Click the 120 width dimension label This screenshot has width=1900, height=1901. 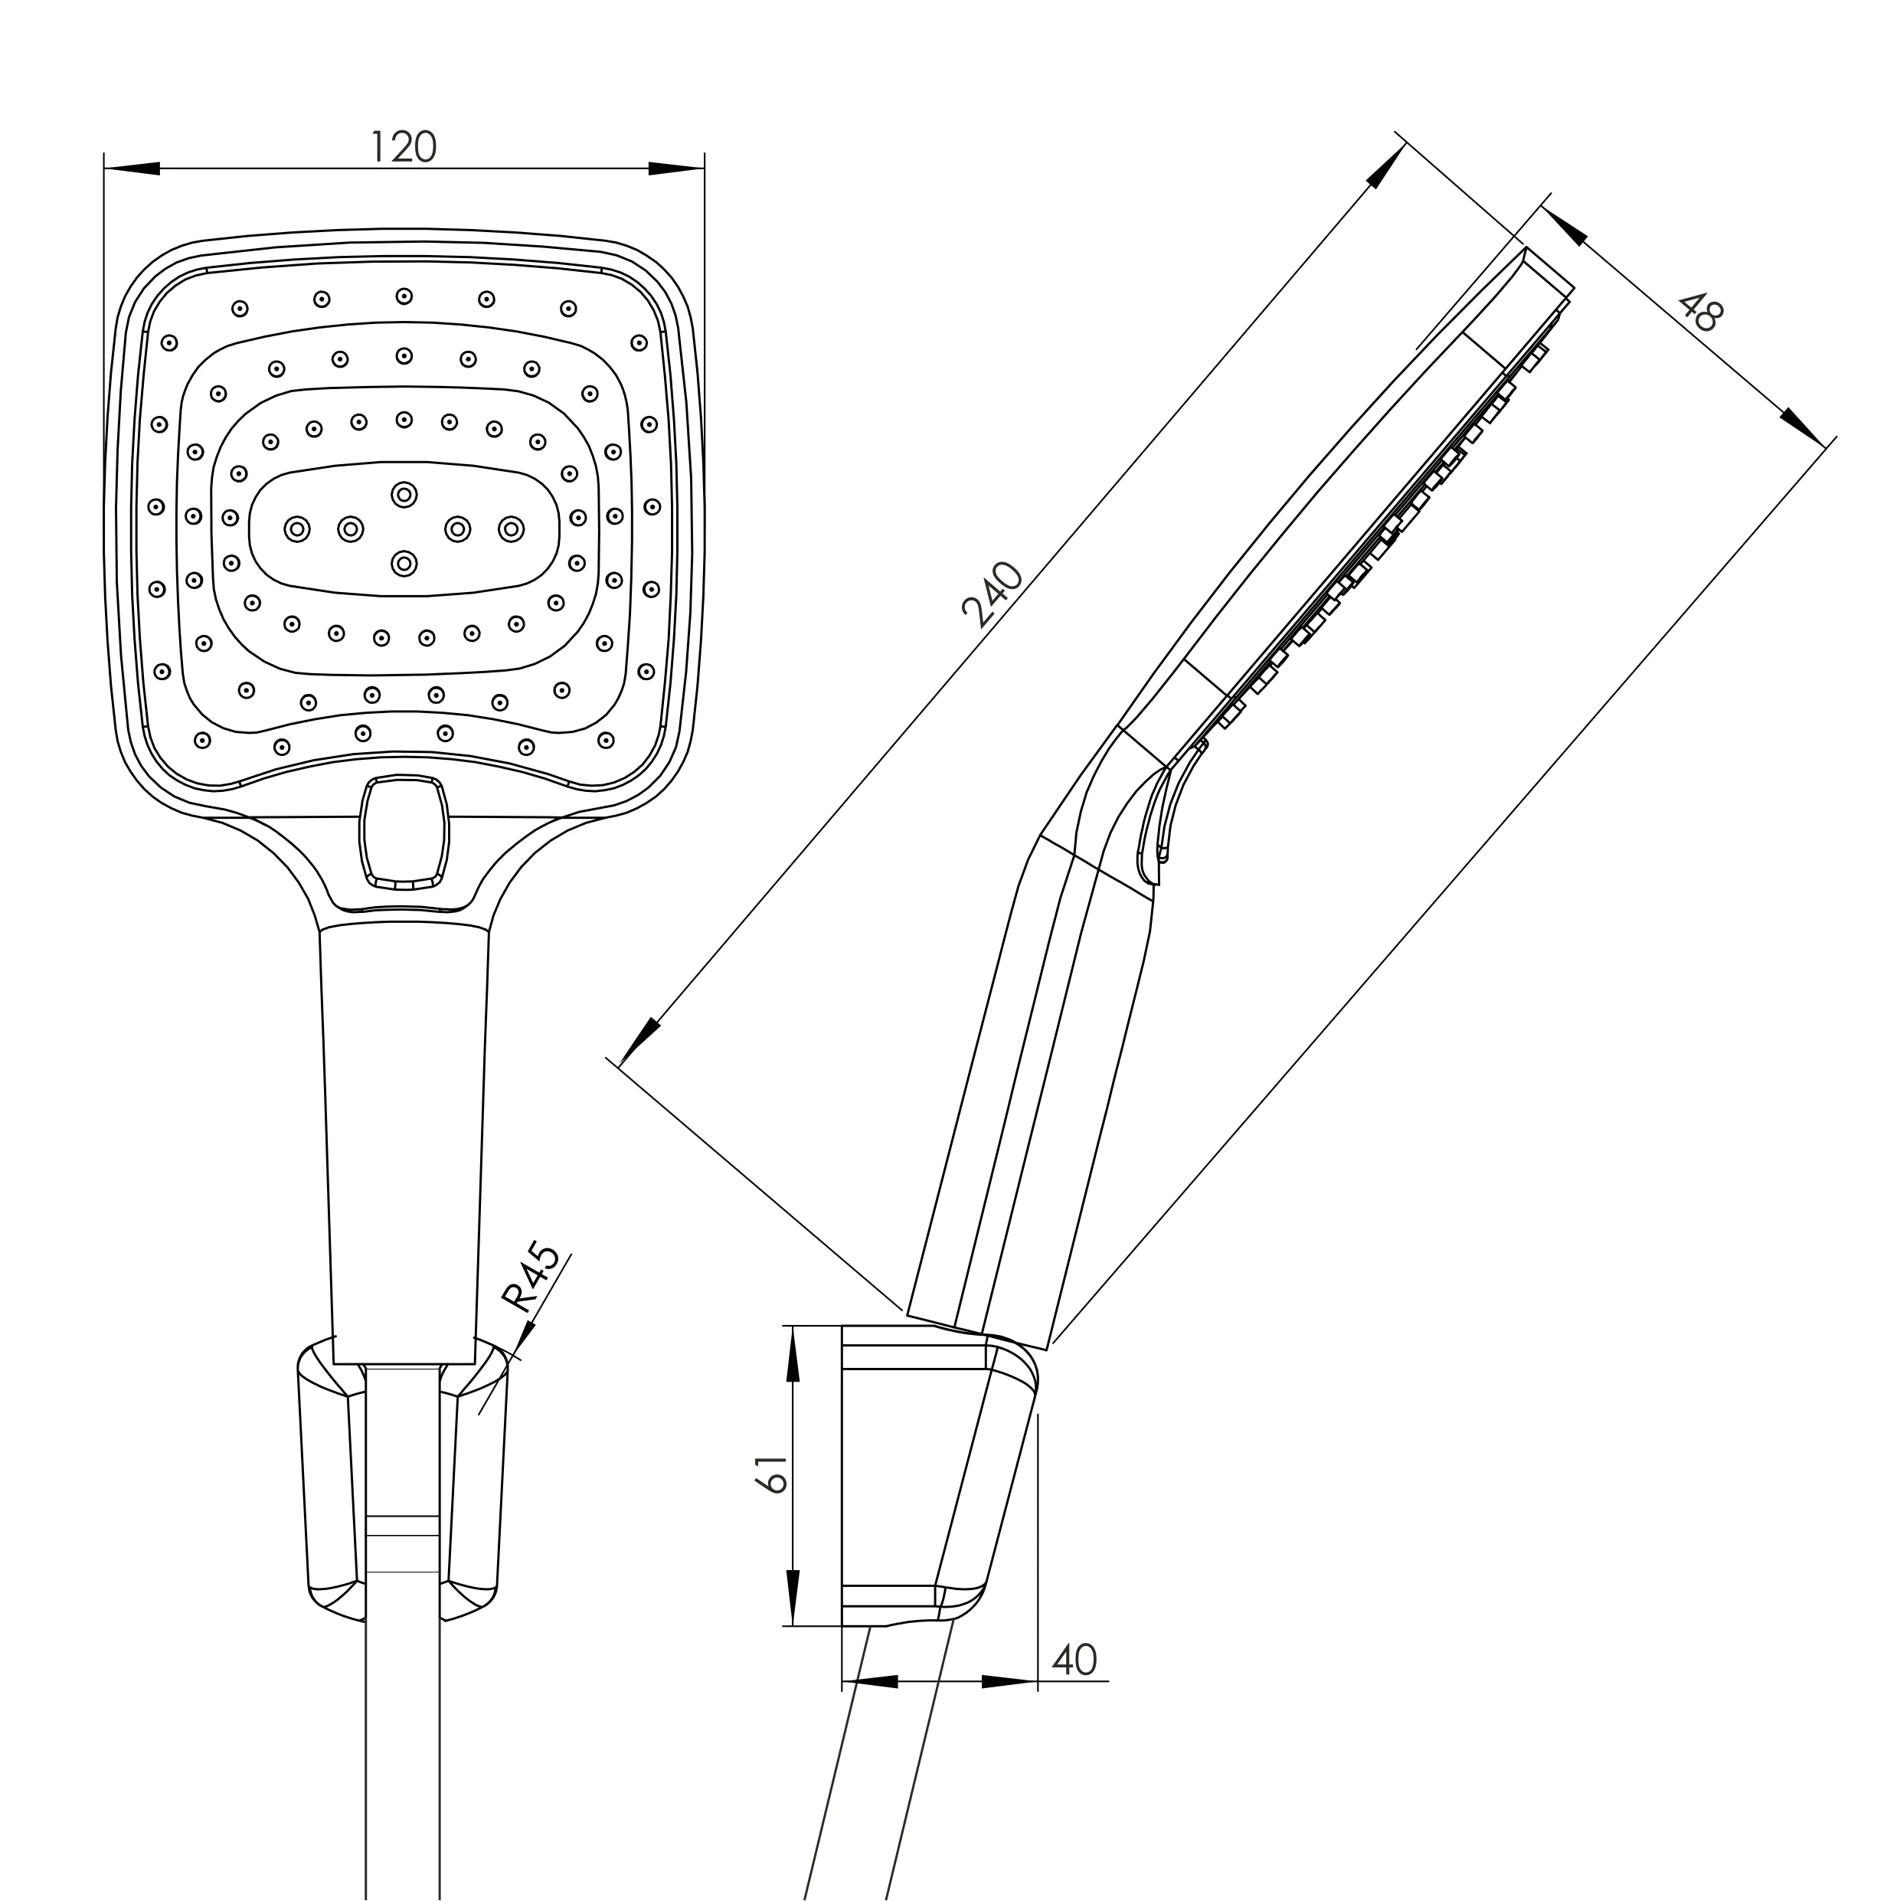point(402,146)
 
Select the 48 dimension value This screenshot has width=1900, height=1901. point(1699,312)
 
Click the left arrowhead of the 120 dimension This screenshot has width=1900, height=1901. point(132,169)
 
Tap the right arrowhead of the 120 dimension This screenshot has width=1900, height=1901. point(676,169)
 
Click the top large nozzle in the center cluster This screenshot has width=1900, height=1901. point(404,494)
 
